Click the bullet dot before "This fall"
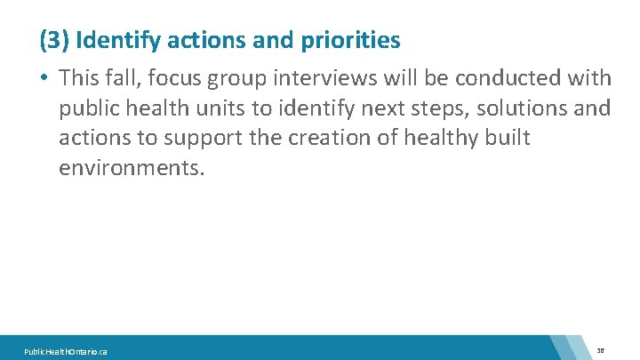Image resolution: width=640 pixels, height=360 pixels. coord(44,78)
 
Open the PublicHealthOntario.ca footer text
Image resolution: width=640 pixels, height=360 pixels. coord(68,352)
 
